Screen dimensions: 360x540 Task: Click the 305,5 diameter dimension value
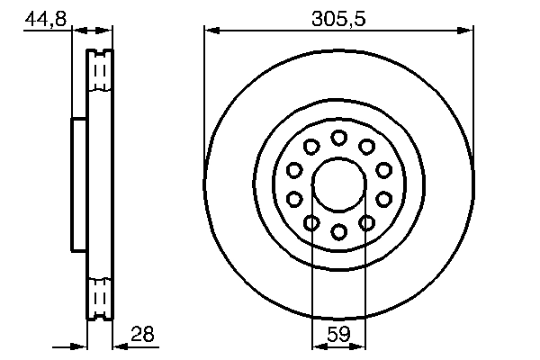click(338, 15)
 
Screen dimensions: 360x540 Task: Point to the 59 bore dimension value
click(338, 334)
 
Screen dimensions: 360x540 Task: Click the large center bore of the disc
click(339, 184)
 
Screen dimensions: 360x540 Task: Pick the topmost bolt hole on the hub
click(339, 138)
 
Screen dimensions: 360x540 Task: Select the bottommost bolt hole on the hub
click(339, 232)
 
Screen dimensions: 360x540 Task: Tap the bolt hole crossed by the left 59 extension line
click(311, 223)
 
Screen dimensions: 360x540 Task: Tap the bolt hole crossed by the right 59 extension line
click(367, 223)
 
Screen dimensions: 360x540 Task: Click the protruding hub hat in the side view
click(79, 184)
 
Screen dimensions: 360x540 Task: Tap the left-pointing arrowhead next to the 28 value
click(120, 346)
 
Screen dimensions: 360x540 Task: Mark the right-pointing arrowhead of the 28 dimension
click(80, 346)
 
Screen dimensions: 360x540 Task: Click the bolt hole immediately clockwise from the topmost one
click(367, 147)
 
